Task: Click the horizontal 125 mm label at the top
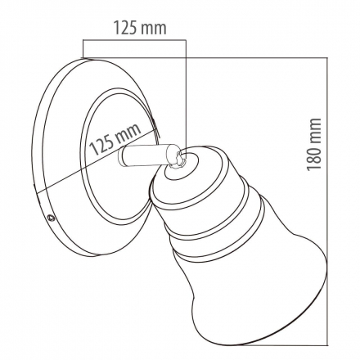140,28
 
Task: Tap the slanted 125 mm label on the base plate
115,139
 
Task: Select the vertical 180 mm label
313,145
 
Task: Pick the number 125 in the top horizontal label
124,28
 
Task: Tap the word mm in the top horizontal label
153,29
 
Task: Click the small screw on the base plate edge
51,218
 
